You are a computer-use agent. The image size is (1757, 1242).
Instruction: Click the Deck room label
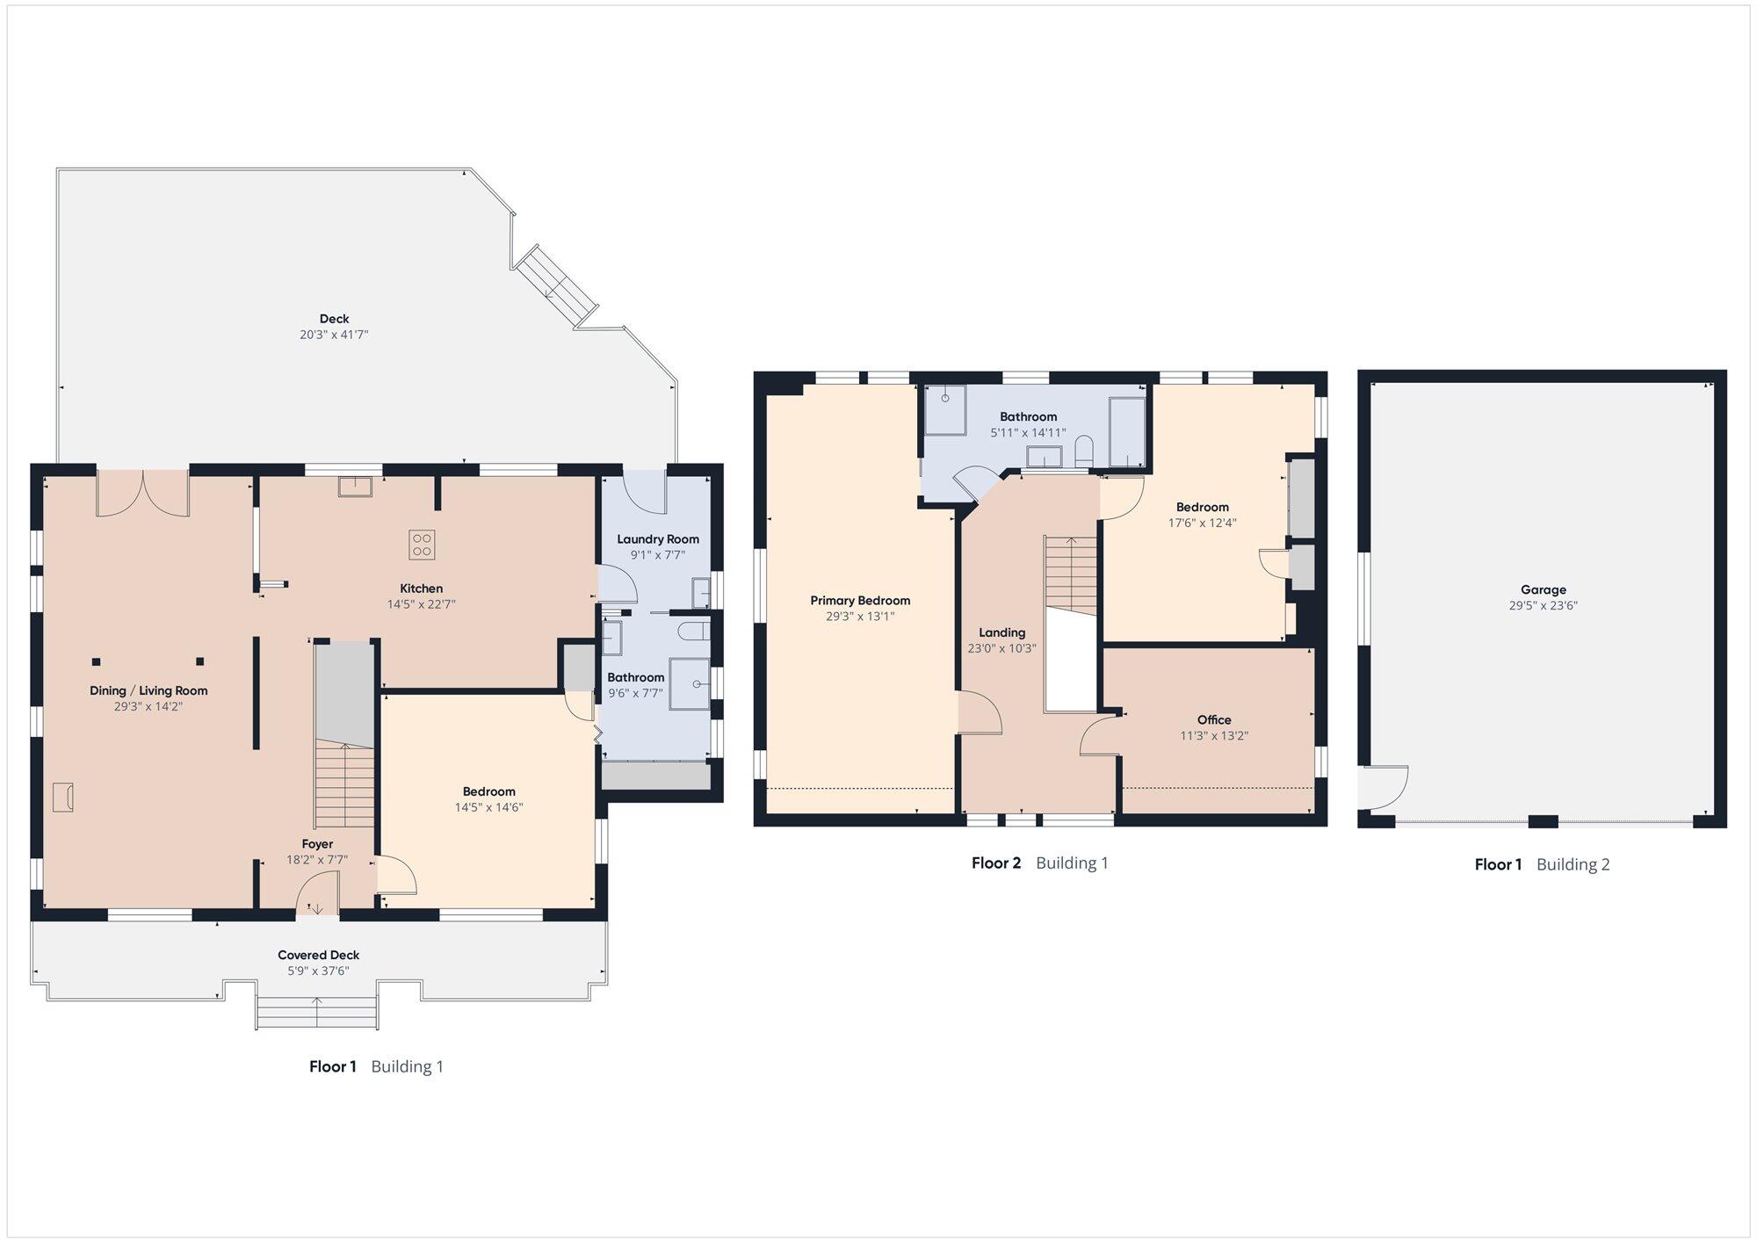334,319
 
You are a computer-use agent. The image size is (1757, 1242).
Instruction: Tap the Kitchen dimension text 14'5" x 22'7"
421,604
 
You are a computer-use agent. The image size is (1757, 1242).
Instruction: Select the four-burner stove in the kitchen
422,545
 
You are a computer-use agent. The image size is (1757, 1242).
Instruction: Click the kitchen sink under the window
355,487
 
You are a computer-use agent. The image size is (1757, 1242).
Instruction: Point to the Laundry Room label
658,539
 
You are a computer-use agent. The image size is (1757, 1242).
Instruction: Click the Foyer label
317,844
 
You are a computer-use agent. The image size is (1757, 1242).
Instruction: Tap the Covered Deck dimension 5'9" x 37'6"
318,971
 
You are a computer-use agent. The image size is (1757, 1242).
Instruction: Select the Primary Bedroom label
860,601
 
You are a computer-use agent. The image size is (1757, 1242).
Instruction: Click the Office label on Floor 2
1214,720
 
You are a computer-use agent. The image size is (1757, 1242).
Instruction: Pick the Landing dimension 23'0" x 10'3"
1002,648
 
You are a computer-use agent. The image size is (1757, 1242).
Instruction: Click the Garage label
1544,590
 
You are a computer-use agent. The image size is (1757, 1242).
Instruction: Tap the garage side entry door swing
1385,788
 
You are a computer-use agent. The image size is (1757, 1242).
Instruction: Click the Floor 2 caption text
996,863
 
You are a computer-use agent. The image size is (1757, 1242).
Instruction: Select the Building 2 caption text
1573,864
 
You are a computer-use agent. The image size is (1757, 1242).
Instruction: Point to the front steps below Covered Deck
317,1013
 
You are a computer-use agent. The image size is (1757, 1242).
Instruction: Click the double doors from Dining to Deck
142,495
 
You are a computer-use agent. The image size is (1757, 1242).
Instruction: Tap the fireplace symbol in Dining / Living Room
62,797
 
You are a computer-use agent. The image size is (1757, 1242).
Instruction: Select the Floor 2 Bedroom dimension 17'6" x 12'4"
1202,523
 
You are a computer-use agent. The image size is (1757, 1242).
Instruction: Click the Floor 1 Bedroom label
488,791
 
